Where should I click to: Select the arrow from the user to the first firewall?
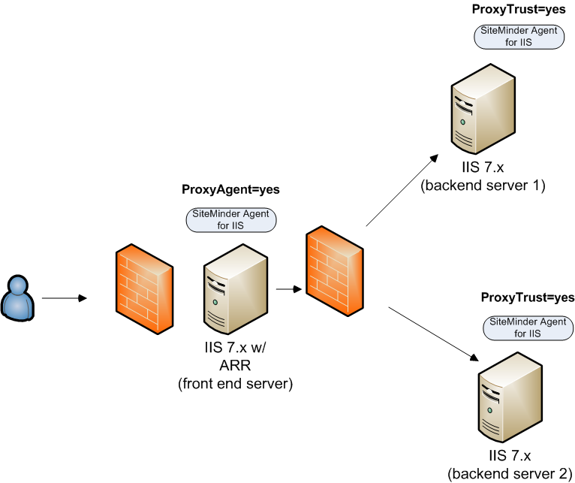(x=65, y=299)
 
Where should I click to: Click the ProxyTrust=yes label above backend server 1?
(x=518, y=9)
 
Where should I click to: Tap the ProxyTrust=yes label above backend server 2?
(x=528, y=298)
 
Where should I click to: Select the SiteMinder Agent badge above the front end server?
(x=231, y=219)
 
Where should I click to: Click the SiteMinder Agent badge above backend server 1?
(x=518, y=37)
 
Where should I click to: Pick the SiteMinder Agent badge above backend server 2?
(x=527, y=327)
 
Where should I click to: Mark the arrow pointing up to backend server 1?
(x=402, y=189)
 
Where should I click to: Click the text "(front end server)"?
(x=235, y=383)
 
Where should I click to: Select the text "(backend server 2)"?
(x=510, y=473)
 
